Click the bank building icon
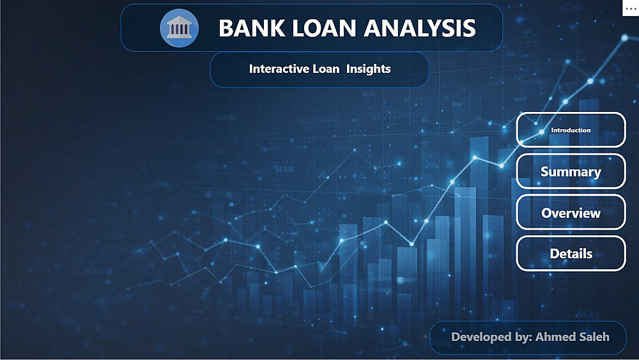point(179,28)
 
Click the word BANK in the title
point(251,28)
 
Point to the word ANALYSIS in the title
point(420,28)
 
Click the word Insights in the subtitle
point(369,69)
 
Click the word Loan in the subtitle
point(326,69)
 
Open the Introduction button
point(571,130)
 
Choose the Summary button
point(571,171)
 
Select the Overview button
point(571,212)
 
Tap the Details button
point(571,254)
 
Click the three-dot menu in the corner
point(631,8)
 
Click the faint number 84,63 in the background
point(587,315)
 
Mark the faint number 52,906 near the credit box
point(442,344)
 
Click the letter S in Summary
point(545,171)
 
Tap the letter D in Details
point(555,254)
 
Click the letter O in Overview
point(547,213)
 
